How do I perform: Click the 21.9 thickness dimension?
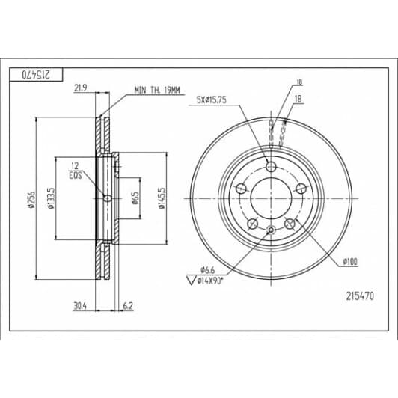pyautogui.click(x=81, y=88)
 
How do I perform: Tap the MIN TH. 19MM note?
pyautogui.click(x=157, y=90)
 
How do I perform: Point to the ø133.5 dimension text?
pyautogui.click(x=51, y=198)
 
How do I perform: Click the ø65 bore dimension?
pyautogui.click(x=135, y=198)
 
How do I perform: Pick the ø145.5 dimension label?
pyautogui.click(x=162, y=198)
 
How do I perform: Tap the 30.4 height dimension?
pyautogui.click(x=80, y=306)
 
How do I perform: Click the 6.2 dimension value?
pyautogui.click(x=128, y=306)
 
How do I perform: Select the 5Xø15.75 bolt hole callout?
pyautogui.click(x=212, y=99)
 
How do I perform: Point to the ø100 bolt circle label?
pyautogui.click(x=350, y=261)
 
